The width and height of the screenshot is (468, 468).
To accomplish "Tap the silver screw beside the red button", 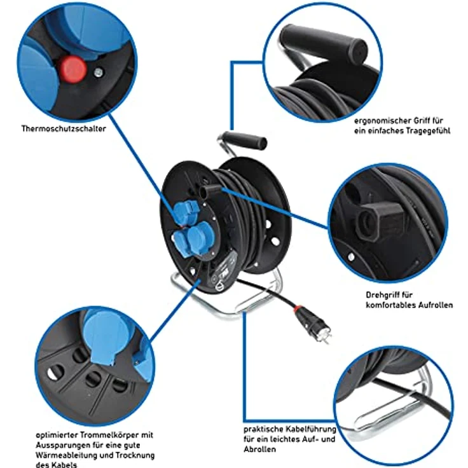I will (x=97, y=73).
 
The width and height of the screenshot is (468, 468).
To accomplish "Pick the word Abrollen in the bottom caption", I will (x=259, y=450).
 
